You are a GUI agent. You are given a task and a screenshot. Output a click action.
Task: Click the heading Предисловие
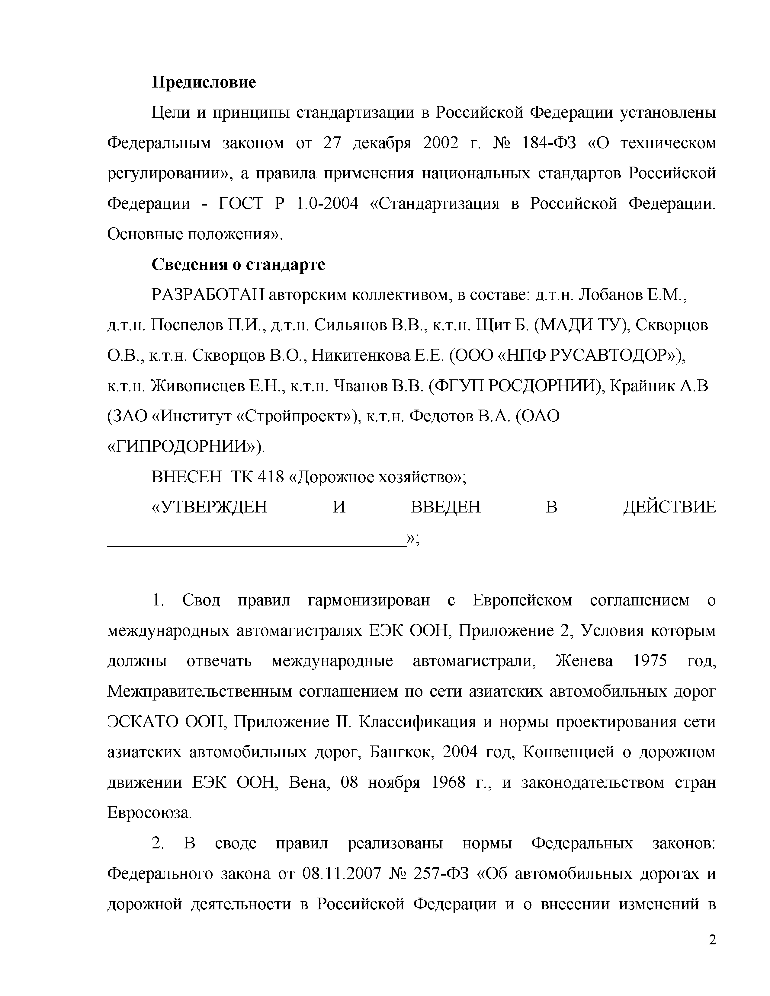[204, 82]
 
